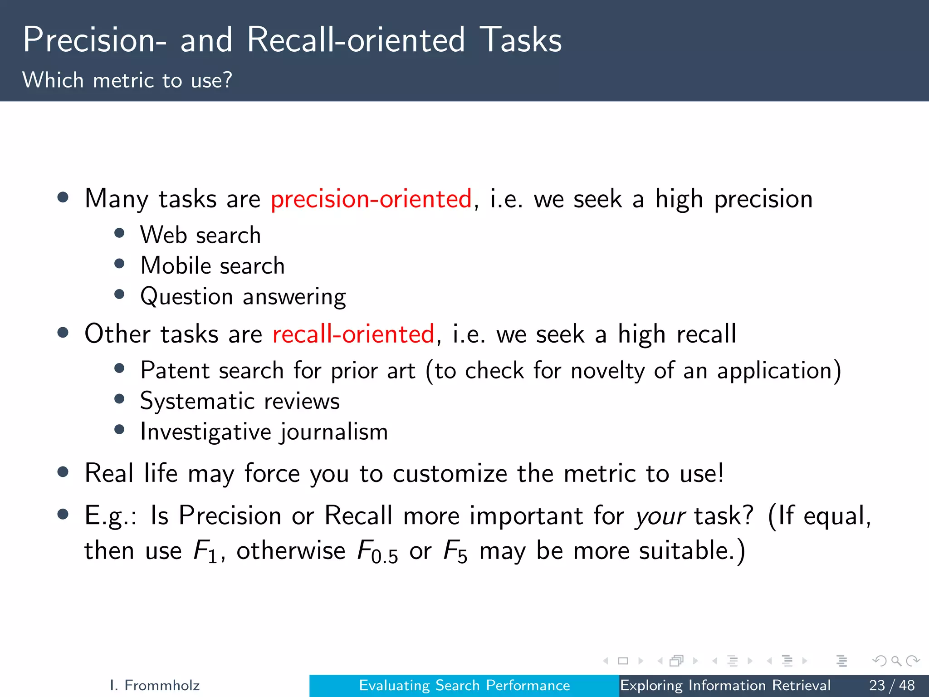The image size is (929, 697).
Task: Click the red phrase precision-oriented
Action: click(x=371, y=199)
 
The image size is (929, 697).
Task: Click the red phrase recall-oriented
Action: click(x=353, y=334)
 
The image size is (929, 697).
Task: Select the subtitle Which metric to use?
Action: click(x=127, y=80)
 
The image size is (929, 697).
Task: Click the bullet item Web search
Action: click(x=200, y=235)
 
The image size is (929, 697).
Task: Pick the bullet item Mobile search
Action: click(x=212, y=266)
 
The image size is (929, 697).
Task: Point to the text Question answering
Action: click(x=243, y=297)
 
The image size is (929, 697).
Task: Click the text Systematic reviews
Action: click(x=240, y=401)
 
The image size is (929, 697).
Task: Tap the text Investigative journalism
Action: click(x=264, y=432)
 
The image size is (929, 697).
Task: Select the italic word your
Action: click(x=660, y=516)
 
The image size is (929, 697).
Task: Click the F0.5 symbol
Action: click(x=377, y=552)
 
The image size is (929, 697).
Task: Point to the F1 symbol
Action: click(x=205, y=552)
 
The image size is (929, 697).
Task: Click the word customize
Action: click(x=450, y=474)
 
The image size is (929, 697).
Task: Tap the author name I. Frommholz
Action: click(x=155, y=685)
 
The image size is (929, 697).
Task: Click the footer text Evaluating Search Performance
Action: click(x=464, y=685)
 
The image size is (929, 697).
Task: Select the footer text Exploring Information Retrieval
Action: click(x=725, y=685)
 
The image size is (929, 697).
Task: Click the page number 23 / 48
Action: click(x=891, y=685)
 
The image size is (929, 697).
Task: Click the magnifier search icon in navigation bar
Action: click(x=895, y=661)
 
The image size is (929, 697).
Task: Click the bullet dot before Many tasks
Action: click(x=63, y=197)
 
